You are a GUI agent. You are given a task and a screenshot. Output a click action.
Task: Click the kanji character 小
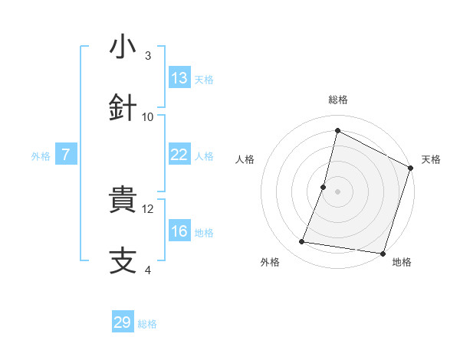[123, 47]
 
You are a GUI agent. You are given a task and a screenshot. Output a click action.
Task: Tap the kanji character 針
[123, 108]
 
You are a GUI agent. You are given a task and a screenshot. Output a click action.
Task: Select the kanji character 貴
[123, 201]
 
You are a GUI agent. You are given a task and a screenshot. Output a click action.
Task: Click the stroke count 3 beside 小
[148, 56]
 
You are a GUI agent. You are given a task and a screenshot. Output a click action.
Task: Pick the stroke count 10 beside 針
[148, 116]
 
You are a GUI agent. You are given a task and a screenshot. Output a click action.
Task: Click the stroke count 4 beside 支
[148, 270]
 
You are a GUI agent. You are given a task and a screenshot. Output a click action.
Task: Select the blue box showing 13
[179, 78]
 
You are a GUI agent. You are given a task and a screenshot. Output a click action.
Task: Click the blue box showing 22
[179, 155]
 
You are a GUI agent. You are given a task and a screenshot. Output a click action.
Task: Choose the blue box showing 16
[179, 231]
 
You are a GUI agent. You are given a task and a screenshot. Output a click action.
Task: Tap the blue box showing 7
[66, 155]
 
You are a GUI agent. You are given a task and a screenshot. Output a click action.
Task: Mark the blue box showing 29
[123, 322]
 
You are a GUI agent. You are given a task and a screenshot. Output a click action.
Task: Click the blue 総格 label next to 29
[148, 324]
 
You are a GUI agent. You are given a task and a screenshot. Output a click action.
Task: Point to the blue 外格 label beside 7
[41, 156]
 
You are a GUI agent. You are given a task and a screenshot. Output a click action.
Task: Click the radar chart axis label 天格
[431, 159]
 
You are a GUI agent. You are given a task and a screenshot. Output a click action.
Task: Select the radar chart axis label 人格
[245, 159]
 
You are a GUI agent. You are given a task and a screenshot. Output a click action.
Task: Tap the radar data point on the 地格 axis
[383, 253]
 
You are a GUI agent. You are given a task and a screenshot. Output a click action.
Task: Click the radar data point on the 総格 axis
[337, 130]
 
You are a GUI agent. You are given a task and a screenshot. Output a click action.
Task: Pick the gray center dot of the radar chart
[337, 191]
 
